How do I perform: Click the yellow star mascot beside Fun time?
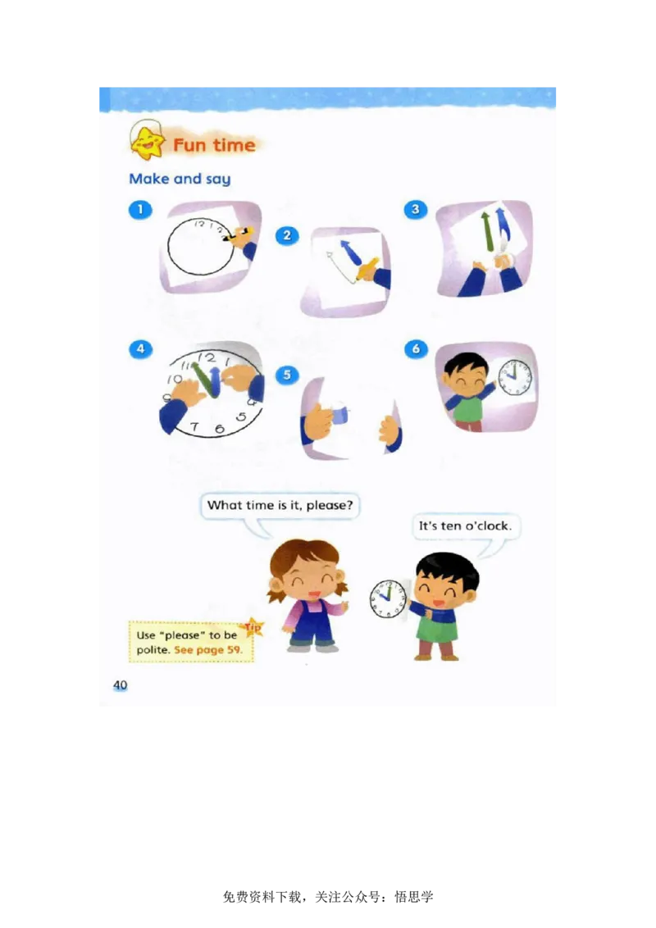click(x=147, y=143)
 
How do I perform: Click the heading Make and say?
click(x=180, y=179)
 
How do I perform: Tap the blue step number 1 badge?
click(x=140, y=209)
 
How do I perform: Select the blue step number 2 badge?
click(x=287, y=235)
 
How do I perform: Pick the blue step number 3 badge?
click(x=416, y=210)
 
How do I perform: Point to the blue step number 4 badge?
click(x=140, y=348)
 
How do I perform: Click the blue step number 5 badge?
click(x=287, y=375)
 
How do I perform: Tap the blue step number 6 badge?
click(x=416, y=349)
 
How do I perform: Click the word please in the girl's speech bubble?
click(x=329, y=505)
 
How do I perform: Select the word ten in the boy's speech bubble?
click(x=451, y=526)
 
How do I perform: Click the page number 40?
click(x=121, y=685)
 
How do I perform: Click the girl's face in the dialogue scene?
click(x=307, y=574)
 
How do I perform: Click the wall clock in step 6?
click(x=515, y=377)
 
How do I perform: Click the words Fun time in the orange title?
click(x=214, y=146)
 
